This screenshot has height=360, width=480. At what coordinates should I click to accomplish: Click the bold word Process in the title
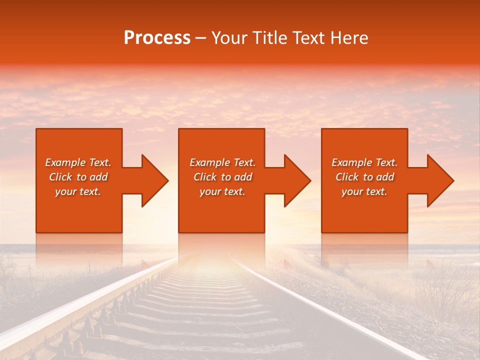[157, 38]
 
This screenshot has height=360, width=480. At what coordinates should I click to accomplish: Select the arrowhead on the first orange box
[152, 180]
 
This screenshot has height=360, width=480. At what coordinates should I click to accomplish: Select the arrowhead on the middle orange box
[295, 180]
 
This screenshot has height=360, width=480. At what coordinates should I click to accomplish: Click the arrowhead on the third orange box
[438, 180]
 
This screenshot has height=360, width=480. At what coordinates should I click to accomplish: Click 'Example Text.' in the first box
[78, 162]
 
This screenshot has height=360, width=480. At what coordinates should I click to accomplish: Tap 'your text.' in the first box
[78, 191]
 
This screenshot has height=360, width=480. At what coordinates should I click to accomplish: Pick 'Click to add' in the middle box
[222, 177]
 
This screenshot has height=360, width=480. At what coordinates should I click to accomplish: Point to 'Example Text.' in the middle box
[222, 162]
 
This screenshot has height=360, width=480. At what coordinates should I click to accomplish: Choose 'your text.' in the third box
[364, 191]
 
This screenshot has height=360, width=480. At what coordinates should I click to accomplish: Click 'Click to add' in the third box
[364, 177]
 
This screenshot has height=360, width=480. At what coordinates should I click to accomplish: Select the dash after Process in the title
[200, 38]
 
